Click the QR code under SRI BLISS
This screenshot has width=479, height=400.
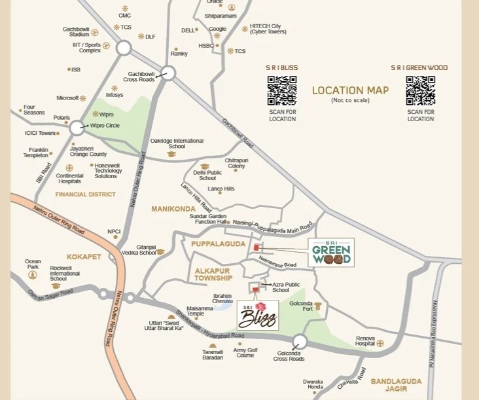click(282, 90)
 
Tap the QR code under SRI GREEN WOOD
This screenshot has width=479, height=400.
click(420, 90)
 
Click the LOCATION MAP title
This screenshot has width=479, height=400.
click(350, 91)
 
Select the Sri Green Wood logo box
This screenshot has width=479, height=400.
click(331, 253)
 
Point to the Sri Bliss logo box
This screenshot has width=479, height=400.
click(258, 316)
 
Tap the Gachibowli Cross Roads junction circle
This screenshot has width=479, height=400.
click(168, 73)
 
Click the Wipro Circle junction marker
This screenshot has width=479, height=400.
click(77, 128)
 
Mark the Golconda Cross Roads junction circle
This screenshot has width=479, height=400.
click(300, 341)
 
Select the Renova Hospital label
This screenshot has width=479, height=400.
click(365, 342)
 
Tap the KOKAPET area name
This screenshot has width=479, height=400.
click(84, 257)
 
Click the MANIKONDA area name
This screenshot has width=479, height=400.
click(173, 209)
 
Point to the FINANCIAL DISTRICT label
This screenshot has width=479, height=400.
click(85, 194)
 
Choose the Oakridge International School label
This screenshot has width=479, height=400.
click(177, 143)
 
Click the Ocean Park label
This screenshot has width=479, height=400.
click(33, 264)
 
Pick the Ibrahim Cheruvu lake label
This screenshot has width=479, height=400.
click(222, 299)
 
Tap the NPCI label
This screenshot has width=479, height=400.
click(114, 231)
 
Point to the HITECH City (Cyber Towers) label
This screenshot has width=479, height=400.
click(268, 29)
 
